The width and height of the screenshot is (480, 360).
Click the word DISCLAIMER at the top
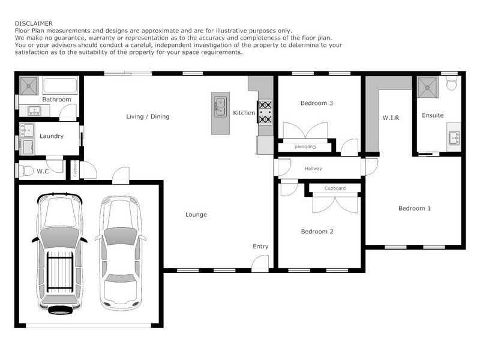click(34, 23)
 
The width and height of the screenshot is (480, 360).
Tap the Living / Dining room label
click(148, 116)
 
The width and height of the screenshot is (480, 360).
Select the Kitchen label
click(244, 113)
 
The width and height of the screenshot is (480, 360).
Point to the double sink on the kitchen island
click(220, 106)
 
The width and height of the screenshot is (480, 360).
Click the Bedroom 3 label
click(316, 103)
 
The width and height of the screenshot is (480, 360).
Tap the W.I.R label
click(391, 118)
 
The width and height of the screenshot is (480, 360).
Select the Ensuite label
click(433, 115)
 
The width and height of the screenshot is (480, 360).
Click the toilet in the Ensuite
click(452, 84)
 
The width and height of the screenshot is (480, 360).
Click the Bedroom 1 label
click(415, 209)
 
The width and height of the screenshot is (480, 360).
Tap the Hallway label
click(313, 169)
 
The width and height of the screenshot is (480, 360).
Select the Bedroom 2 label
click(317, 232)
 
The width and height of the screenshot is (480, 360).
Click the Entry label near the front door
click(260, 247)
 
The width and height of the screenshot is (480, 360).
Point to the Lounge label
click(196, 214)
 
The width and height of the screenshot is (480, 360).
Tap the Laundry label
click(52, 136)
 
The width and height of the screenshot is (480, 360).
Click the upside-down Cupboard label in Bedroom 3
click(306, 147)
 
